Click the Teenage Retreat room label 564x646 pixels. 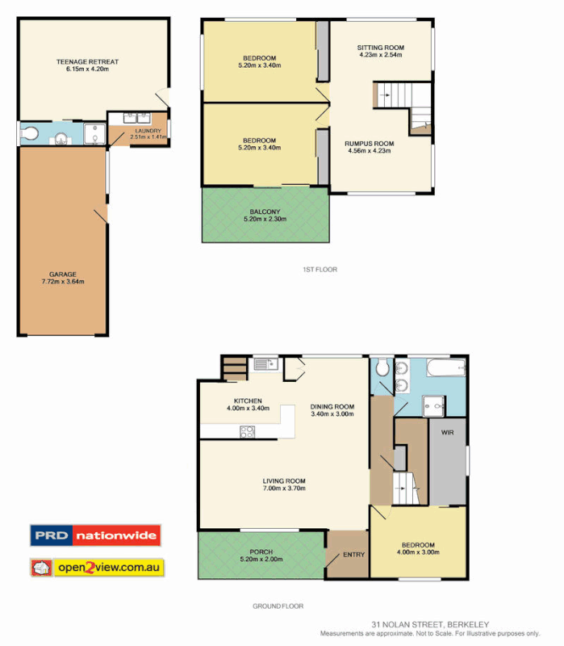pos(88,61)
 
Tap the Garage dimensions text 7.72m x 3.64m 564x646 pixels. pos(64,282)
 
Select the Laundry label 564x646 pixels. pos(148,131)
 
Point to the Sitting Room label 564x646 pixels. pos(381,48)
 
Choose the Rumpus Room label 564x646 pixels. pos(370,144)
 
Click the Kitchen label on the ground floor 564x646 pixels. pos(248,401)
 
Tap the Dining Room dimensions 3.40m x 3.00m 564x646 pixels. pos(332,415)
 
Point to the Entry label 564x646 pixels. pos(353,554)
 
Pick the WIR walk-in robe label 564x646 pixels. pos(448,433)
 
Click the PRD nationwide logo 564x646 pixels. pos(95,535)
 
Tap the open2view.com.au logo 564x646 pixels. pos(97,568)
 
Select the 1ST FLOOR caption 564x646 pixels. pos(315,269)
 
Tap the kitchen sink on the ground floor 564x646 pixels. pos(265,364)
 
